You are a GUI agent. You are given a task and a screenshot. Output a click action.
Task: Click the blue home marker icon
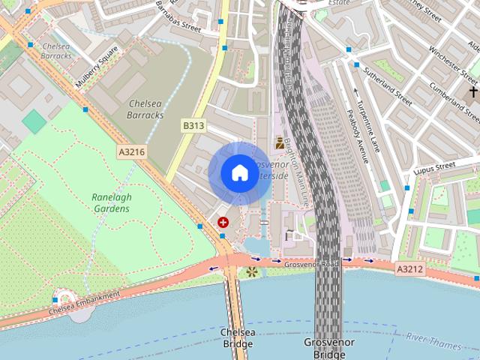pos(239,172)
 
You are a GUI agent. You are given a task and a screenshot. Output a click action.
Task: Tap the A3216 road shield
pos(131,151)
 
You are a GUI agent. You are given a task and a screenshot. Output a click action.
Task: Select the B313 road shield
pos(193,126)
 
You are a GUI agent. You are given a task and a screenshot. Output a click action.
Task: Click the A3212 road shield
pos(410,268)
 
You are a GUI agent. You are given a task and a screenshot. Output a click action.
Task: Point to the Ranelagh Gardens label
pos(111,202)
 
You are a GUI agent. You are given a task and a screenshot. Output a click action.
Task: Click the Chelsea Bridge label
pos(238,337)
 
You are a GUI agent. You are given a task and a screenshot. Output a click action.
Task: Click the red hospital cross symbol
pos(223,222)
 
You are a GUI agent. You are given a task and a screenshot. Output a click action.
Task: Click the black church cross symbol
pos(472,92)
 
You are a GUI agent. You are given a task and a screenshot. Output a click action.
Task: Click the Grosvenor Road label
pos(310,263)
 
